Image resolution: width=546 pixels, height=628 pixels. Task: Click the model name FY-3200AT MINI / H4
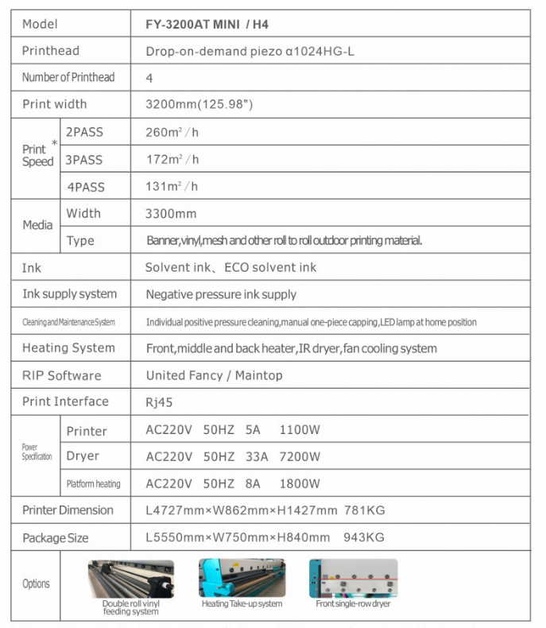pyautogui.click(x=207, y=25)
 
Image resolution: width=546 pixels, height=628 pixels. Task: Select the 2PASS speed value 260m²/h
pyautogui.click(x=172, y=133)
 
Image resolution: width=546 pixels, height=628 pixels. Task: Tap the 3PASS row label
pyautogui.click(x=84, y=160)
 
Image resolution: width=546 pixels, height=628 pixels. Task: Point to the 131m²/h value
pyautogui.click(x=172, y=187)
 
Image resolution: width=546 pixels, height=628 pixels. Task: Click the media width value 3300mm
pyautogui.click(x=171, y=214)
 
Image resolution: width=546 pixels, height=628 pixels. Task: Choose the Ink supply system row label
pyautogui.click(x=69, y=294)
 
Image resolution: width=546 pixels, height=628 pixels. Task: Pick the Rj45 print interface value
pyautogui.click(x=159, y=402)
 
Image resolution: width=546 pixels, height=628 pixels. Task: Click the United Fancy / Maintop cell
pyautogui.click(x=214, y=375)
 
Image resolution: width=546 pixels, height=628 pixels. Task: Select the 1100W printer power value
pyautogui.click(x=300, y=430)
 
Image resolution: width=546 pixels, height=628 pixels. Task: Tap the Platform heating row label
pyautogui.click(x=94, y=483)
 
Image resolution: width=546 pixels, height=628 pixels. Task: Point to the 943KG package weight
pyautogui.click(x=364, y=537)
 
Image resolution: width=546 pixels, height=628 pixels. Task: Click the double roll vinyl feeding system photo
pyautogui.click(x=130, y=579)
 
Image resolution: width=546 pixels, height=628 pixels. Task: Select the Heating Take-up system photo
pyautogui.click(x=242, y=578)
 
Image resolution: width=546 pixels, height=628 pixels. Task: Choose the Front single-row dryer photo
pyautogui.click(x=353, y=578)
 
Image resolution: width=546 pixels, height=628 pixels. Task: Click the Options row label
pyautogui.click(x=36, y=583)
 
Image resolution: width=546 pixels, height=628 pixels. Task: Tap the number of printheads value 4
pyautogui.click(x=149, y=78)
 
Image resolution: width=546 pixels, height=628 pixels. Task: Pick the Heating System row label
pyautogui.click(x=68, y=348)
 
